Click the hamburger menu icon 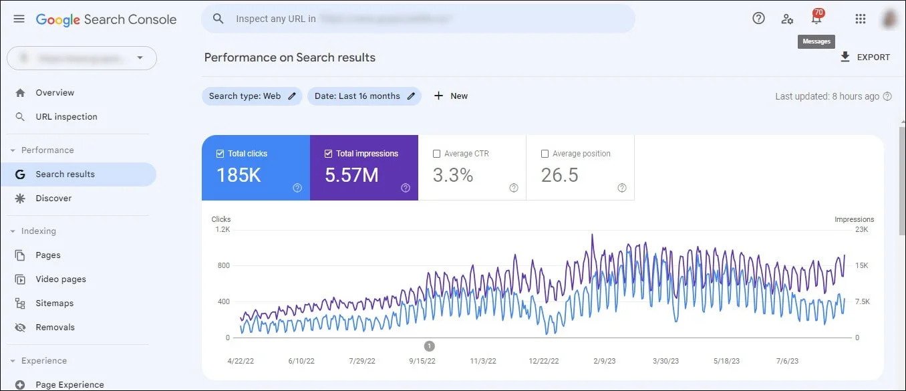tap(19, 19)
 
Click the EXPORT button tap(865, 57)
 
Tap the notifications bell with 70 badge tap(816, 19)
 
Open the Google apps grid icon tap(860, 19)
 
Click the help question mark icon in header tap(758, 19)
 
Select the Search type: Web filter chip tap(252, 96)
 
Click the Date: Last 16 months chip tap(364, 96)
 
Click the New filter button tap(451, 96)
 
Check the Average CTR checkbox tap(437, 154)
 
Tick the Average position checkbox tap(545, 154)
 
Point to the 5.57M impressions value tap(351, 175)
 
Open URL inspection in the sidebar tap(66, 117)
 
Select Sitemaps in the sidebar tap(54, 303)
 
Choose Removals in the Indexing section tap(55, 328)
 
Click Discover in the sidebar tap(53, 199)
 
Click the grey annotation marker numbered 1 tap(430, 346)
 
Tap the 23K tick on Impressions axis tap(861, 230)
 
